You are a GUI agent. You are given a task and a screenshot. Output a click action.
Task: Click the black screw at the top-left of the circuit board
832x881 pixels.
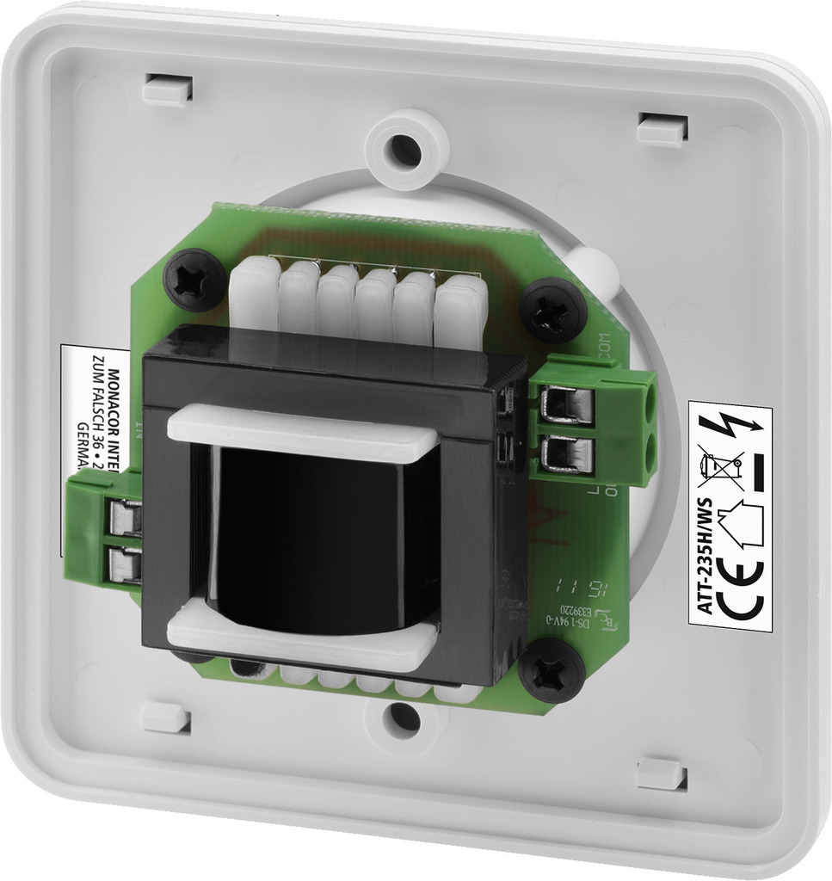coord(194,280)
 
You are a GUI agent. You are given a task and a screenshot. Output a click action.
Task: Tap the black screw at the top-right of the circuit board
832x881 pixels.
coord(553,310)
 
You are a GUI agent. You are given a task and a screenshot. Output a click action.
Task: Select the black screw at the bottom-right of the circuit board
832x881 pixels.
coord(552,671)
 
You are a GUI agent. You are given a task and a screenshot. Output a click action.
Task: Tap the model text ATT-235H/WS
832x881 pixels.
coord(703,564)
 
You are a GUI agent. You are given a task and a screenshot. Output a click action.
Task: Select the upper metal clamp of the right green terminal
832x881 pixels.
coord(567,404)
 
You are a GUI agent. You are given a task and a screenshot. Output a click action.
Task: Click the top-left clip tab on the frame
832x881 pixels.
coord(167,89)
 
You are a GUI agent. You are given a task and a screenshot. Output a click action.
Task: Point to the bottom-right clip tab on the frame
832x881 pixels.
coord(661,773)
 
